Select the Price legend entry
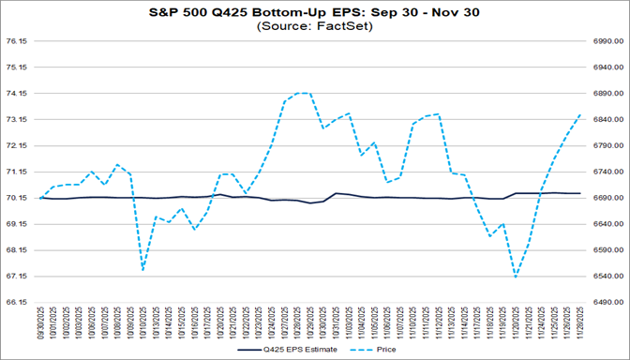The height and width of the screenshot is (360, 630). [x=378, y=349]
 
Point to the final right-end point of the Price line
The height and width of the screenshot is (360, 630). [x=580, y=114]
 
